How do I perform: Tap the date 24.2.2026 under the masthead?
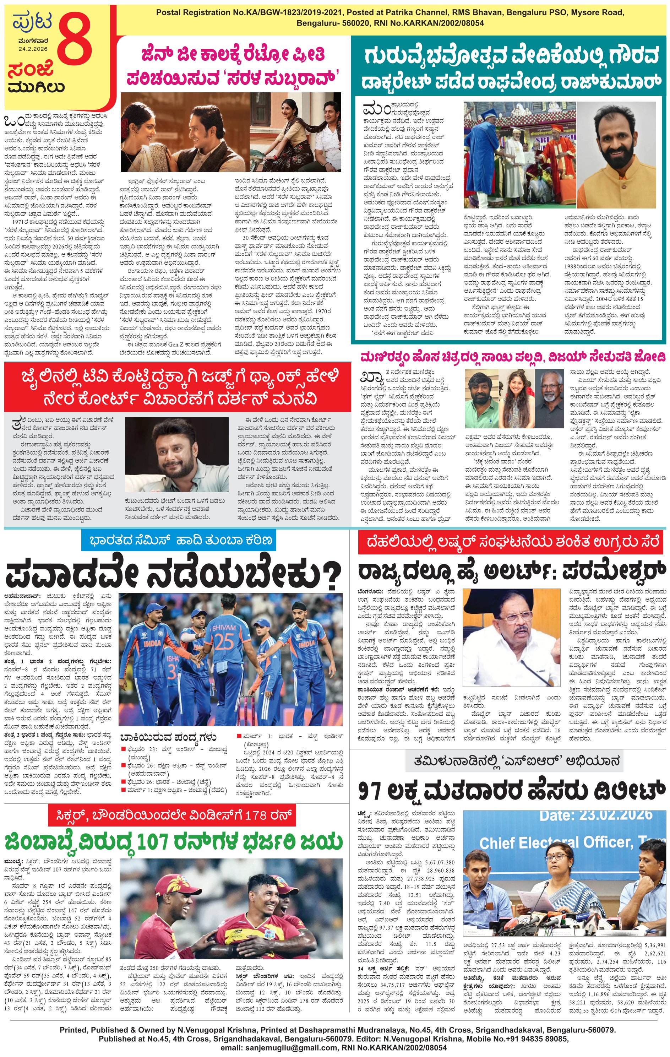[33, 49]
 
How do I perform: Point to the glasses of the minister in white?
[513, 618]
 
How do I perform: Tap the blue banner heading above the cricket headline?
[179, 540]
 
